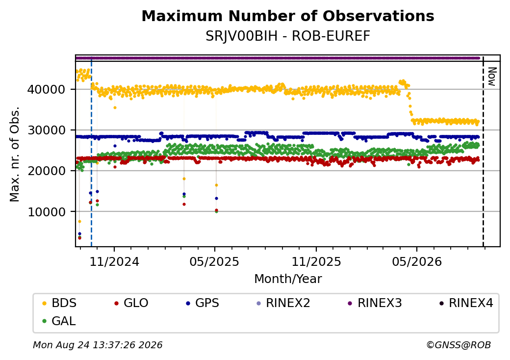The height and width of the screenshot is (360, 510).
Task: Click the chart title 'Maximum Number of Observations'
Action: (288, 16)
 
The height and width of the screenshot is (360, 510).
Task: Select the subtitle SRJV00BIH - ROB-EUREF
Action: (288, 36)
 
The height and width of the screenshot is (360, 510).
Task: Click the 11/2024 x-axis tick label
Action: (114, 261)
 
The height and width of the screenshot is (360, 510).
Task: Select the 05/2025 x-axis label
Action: (214, 261)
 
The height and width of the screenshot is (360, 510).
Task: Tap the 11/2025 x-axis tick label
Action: (316, 261)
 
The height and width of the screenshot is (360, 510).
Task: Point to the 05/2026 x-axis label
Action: (417, 261)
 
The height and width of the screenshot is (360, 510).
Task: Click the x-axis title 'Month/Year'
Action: (288, 279)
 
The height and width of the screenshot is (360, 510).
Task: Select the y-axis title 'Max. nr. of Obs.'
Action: (15, 154)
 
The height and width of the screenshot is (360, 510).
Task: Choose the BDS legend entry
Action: (59, 303)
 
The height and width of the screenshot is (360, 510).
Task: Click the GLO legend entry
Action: (131, 303)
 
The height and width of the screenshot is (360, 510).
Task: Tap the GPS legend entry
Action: (203, 303)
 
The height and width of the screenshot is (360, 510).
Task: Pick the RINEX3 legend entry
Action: (375, 303)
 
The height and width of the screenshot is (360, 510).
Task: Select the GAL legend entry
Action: (59, 321)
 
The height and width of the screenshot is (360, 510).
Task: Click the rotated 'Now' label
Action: (492, 77)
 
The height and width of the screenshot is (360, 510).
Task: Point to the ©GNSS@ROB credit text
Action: (459, 345)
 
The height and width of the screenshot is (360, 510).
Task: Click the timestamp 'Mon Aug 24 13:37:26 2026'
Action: (98, 345)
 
